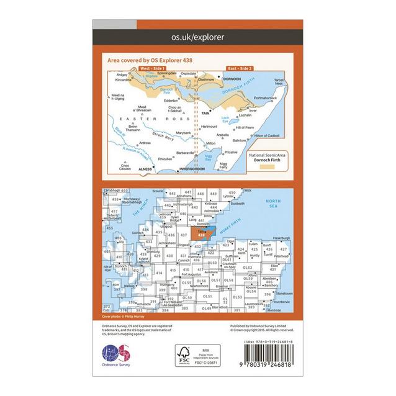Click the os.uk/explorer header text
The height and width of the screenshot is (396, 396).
click(197, 38)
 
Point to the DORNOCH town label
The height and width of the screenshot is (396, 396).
click(232, 79)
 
